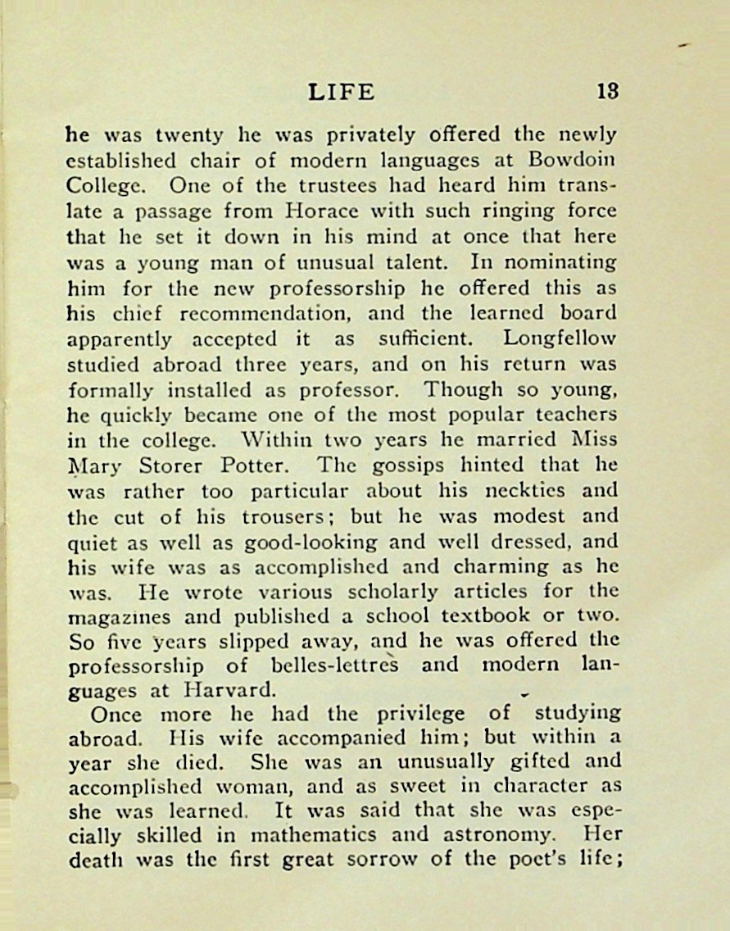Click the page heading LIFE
tap(342, 92)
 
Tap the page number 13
tap(606, 92)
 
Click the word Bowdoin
tap(575, 159)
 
